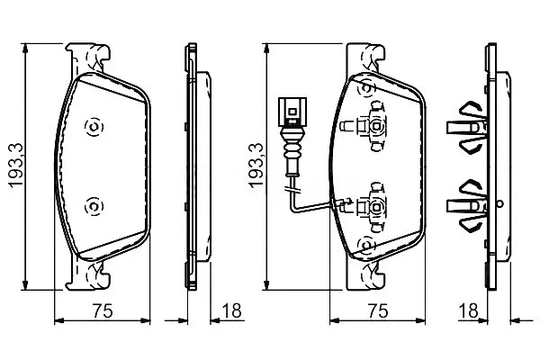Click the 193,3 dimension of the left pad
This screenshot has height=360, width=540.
pyautogui.click(x=16, y=166)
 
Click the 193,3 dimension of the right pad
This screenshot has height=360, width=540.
pyautogui.click(x=256, y=166)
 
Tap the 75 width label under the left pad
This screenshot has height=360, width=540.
pyautogui.click(x=103, y=310)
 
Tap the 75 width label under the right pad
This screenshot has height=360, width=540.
pyautogui.click(x=377, y=310)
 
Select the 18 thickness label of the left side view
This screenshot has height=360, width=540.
pyautogui.click(x=231, y=310)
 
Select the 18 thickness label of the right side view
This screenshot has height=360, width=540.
pyautogui.click(x=469, y=310)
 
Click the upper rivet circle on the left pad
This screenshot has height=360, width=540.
pyautogui.click(x=94, y=127)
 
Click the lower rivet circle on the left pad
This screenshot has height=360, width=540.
pyautogui.click(x=94, y=206)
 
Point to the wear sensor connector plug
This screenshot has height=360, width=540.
pyautogui.click(x=292, y=112)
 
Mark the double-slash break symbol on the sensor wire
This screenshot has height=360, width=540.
pyautogui.click(x=292, y=190)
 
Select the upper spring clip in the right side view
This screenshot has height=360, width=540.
pyautogui.click(x=467, y=126)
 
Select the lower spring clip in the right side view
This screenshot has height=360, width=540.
pyautogui.click(x=467, y=205)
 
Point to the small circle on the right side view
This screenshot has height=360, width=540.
pyautogui.click(x=500, y=204)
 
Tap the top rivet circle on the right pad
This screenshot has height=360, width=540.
pyautogui.click(x=366, y=88)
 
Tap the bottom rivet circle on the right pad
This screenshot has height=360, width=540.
pyautogui.click(x=366, y=245)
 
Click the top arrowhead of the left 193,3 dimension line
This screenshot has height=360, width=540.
pyautogui.click(x=25, y=49)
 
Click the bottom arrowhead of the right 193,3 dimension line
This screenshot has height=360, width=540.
pyautogui.click(x=266, y=285)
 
